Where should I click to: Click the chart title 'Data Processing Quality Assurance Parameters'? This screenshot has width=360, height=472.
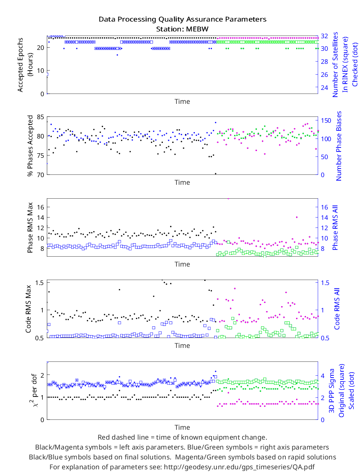pyautogui.click(x=182, y=20)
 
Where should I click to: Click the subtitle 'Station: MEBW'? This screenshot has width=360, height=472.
pyautogui.click(x=182, y=29)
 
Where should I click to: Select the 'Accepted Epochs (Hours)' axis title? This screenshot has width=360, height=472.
pyautogui.click(x=24, y=64)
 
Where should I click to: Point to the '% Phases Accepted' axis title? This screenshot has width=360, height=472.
pyautogui.click(x=30, y=146)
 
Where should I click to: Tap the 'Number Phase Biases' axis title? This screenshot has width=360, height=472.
pyautogui.click(x=339, y=146)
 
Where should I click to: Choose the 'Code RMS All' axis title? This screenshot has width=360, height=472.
pyautogui.click(x=337, y=309)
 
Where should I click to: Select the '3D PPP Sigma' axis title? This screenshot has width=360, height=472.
pyautogui.click(x=332, y=391)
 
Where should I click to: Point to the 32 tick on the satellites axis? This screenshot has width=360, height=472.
pyautogui.click(x=324, y=36)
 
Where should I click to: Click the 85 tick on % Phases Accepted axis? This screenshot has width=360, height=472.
pyautogui.click(x=40, y=117)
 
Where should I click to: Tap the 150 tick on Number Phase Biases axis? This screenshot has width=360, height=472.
pyautogui.click(x=326, y=121)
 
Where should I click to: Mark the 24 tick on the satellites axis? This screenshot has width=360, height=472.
pyautogui.click(x=324, y=88)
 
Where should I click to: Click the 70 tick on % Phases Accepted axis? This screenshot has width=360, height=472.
pyautogui.click(x=40, y=174)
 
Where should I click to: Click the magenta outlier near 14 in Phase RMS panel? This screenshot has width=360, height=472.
pyautogui.click(x=297, y=217)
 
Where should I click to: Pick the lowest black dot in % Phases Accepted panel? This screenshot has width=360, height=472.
pyautogui.click(x=216, y=174)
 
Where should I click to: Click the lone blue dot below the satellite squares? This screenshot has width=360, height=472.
pyautogui.click(x=117, y=55)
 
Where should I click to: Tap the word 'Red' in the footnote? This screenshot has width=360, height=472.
pyautogui.click(x=103, y=437)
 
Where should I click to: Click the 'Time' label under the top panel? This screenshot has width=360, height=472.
pyautogui.click(x=182, y=102)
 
